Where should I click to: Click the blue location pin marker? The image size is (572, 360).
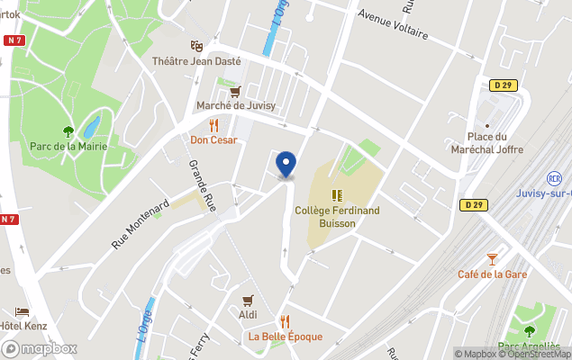point(286,164)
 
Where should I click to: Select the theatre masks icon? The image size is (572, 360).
point(196,46)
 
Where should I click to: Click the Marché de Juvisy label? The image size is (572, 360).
point(236,106)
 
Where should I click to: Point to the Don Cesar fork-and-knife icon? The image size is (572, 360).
point(214,125)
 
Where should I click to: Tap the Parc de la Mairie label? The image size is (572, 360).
point(68,146)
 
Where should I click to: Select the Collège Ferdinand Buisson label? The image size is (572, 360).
point(337,216)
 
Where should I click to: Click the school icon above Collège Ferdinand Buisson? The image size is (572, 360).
point(337,194)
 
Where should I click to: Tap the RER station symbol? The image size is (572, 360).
point(555,179)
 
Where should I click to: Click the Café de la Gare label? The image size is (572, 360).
point(492,274)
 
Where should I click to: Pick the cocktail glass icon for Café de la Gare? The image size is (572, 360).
point(492,259)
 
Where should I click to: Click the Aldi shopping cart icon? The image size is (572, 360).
point(249,301)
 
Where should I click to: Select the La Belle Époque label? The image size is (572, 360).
point(286,337)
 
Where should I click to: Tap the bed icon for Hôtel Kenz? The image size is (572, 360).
point(22,311)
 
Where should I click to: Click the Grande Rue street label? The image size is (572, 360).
point(203,186)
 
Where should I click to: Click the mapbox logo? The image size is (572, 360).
point(40,348)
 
